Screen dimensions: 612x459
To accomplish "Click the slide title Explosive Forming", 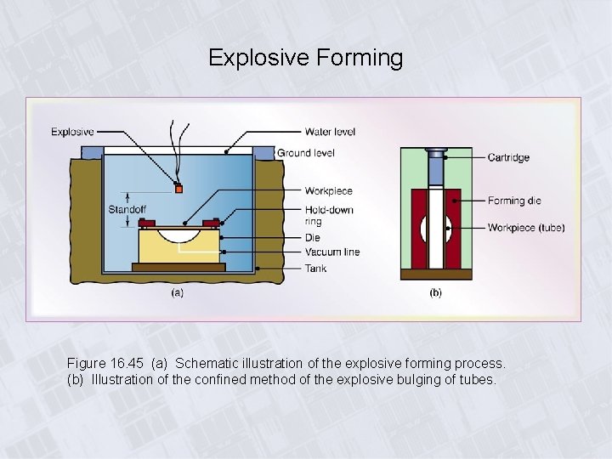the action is pyautogui.click(x=305, y=58).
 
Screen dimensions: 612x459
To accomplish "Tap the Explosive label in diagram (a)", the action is pyautogui.click(x=72, y=132).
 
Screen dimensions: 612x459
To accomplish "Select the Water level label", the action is pyautogui.click(x=330, y=132).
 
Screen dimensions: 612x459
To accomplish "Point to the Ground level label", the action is pyautogui.click(x=306, y=153).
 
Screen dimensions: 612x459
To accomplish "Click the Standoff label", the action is pyautogui.click(x=126, y=210).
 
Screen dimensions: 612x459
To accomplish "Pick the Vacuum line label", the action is pyautogui.click(x=332, y=252).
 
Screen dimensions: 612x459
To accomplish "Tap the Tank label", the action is pyautogui.click(x=316, y=269).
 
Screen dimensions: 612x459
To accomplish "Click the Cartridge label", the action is pyautogui.click(x=508, y=157).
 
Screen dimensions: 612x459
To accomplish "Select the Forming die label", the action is pyautogui.click(x=513, y=201).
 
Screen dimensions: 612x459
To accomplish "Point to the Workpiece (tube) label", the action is pyautogui.click(x=525, y=228).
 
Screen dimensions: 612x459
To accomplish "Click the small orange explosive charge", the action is pyautogui.click(x=178, y=188).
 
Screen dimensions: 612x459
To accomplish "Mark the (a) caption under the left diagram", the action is pyautogui.click(x=178, y=292).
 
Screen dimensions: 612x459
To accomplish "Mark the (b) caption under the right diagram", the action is pyautogui.click(x=435, y=292).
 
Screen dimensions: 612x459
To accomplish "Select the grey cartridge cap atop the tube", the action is pyautogui.click(x=435, y=156).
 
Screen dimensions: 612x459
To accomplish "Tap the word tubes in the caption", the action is pyautogui.click(x=477, y=380).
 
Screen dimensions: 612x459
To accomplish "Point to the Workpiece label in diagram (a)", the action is pyautogui.click(x=328, y=191).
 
